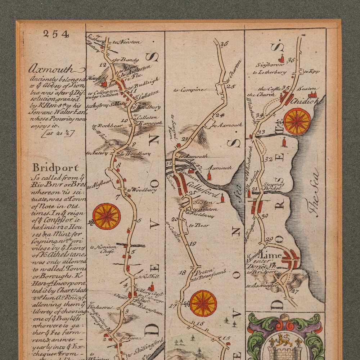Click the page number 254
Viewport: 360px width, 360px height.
pyautogui.click(x=55, y=34)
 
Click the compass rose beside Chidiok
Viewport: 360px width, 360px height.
pyautogui.click(x=297, y=121)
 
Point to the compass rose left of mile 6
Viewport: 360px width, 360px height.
pyautogui.click(x=107, y=216)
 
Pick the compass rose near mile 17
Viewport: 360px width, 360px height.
pyautogui.click(x=203, y=303)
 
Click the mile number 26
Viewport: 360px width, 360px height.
pyautogui.click(x=224, y=44)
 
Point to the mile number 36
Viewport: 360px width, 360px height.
pyautogui.click(x=291, y=60)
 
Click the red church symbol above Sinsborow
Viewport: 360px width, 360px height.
pyautogui.click(x=282, y=58)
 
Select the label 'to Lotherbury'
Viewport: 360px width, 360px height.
pyautogui.click(x=270, y=72)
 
